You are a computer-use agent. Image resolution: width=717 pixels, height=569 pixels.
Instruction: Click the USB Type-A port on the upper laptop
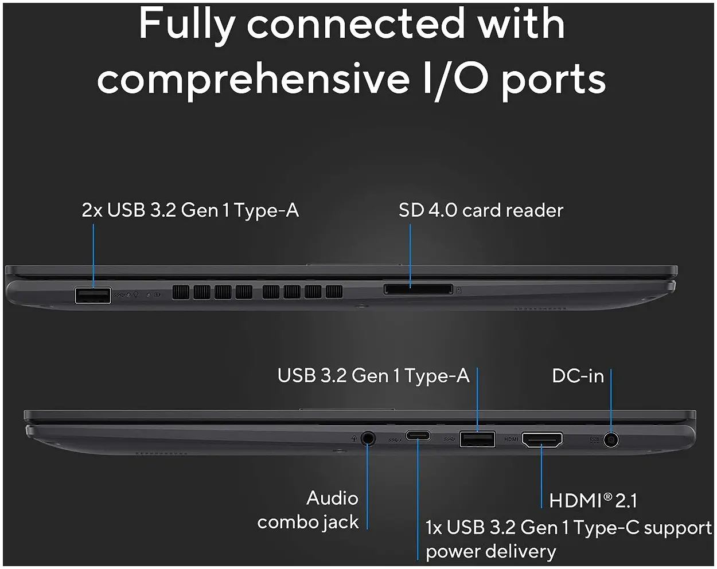(x=93, y=296)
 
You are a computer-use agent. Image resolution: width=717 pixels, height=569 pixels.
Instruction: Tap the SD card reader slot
(x=418, y=289)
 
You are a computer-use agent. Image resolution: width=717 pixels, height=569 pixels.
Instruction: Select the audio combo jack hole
(x=368, y=439)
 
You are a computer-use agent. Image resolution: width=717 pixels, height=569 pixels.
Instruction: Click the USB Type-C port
(x=419, y=435)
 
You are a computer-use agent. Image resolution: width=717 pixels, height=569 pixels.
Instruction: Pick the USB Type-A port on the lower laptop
(x=477, y=439)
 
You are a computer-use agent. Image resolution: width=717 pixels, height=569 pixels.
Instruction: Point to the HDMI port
(x=541, y=439)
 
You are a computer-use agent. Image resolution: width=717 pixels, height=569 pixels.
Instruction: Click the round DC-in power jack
(x=611, y=440)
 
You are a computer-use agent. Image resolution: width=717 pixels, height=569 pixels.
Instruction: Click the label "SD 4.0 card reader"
(x=481, y=210)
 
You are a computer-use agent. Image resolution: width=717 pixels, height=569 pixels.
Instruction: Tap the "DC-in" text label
(x=578, y=376)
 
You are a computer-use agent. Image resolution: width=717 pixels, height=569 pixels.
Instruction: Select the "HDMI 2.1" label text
(x=593, y=501)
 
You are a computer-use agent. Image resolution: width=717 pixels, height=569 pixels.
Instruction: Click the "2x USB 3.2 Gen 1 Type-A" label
(x=190, y=210)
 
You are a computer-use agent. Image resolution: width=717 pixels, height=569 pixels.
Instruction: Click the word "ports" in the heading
(x=554, y=80)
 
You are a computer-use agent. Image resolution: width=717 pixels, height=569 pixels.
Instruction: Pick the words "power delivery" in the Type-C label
(x=491, y=551)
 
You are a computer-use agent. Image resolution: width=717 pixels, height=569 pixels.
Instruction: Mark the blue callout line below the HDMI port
(x=541, y=478)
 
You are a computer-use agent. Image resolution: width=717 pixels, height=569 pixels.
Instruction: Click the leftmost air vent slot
(x=180, y=292)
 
